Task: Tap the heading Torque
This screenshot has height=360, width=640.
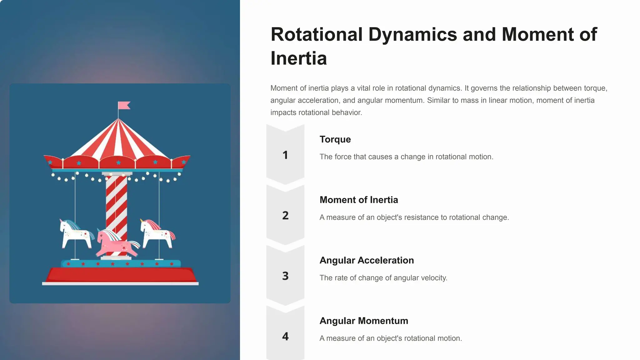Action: pos(335,139)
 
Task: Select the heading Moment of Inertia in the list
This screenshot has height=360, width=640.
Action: pos(359,200)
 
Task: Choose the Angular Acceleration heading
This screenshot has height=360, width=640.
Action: pos(367,260)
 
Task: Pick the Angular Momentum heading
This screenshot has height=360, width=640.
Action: pos(364,321)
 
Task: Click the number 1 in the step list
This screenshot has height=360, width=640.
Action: pos(285,155)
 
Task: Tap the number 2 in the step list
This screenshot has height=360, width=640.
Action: pos(285,216)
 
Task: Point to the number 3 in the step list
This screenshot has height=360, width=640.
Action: pos(285,276)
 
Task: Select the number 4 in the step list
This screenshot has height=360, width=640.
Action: pos(285,337)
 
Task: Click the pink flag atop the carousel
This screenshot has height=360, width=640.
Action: pos(124,105)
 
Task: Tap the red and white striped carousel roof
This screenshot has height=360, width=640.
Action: pos(118,141)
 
